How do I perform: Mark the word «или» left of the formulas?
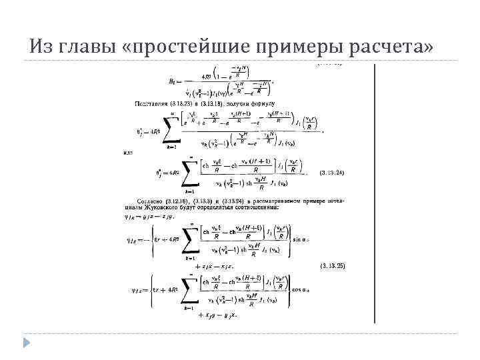(128, 153)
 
